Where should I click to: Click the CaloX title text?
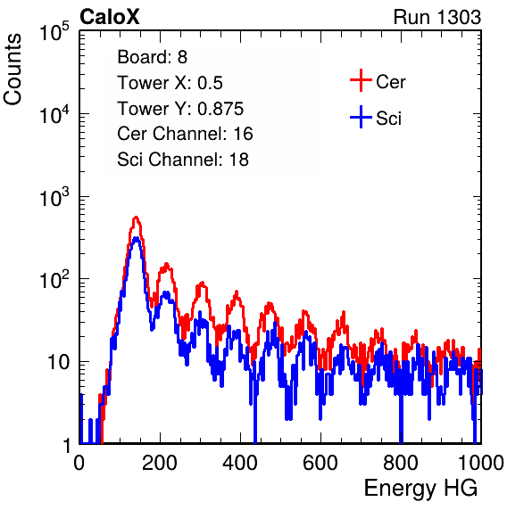pyautogui.click(x=110, y=17)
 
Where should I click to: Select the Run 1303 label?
pyautogui.click(x=437, y=17)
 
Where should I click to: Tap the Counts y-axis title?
pyautogui.click(x=12, y=70)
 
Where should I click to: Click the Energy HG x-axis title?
pyautogui.click(x=420, y=489)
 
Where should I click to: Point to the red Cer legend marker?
pyautogui.click(x=361, y=80)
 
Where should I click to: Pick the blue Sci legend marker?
pyautogui.click(x=361, y=117)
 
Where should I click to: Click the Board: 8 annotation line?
pyautogui.click(x=152, y=57)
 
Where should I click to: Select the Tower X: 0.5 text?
pyautogui.click(x=170, y=83)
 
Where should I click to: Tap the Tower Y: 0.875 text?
pyautogui.click(x=180, y=109)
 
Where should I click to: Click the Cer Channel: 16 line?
pyautogui.click(x=185, y=134)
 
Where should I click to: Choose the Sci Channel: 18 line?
pyautogui.click(x=183, y=160)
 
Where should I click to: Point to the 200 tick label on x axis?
pyautogui.click(x=160, y=463)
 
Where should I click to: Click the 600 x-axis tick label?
pyautogui.click(x=320, y=463)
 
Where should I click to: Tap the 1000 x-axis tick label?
pyautogui.click(x=481, y=463)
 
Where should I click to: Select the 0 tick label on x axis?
pyautogui.click(x=79, y=463)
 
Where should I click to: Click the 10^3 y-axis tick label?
pyautogui.click(x=54, y=197)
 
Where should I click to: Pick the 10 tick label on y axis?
pyautogui.click(x=59, y=362)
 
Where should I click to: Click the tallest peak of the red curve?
pyautogui.click(x=136, y=218)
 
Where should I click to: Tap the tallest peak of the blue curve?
pyautogui.click(x=136, y=238)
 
